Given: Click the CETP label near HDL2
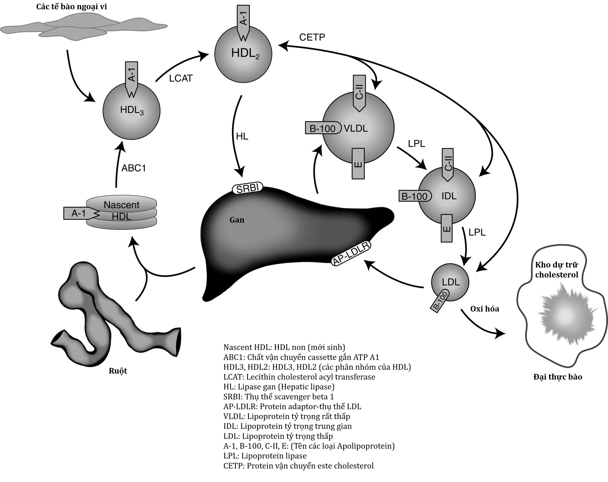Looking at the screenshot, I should [312, 37].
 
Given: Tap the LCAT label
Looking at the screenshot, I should [181, 78].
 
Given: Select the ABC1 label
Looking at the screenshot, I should [133, 168].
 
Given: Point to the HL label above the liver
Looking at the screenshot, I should [242, 137].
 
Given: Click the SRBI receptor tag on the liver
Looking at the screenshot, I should [247, 188].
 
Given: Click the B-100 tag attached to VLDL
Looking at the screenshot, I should [323, 128].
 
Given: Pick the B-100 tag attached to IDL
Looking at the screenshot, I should [414, 196].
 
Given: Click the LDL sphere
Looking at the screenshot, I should [450, 282].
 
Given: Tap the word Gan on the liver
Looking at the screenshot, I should [237, 220].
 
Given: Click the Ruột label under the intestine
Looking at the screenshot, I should [118, 371].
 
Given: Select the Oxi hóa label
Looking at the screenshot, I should [484, 309].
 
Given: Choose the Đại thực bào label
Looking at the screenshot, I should [557, 377].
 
